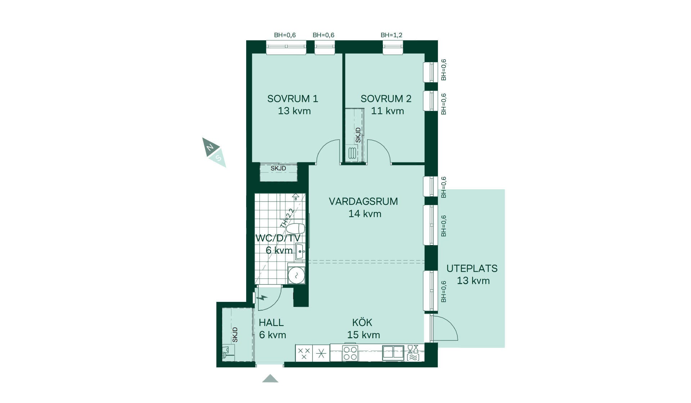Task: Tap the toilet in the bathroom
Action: [x=296, y=228]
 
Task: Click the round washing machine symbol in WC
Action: [x=297, y=276]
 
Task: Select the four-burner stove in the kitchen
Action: [x=350, y=353]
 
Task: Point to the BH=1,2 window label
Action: [x=392, y=35]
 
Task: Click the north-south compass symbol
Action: [x=214, y=152]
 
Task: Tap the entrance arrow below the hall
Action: [x=270, y=378]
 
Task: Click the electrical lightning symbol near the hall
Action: [x=263, y=298]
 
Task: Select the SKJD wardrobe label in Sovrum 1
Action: [x=278, y=168]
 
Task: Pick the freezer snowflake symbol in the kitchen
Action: [x=321, y=354]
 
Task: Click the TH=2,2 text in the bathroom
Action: [x=287, y=218]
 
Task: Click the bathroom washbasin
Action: [x=300, y=252]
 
